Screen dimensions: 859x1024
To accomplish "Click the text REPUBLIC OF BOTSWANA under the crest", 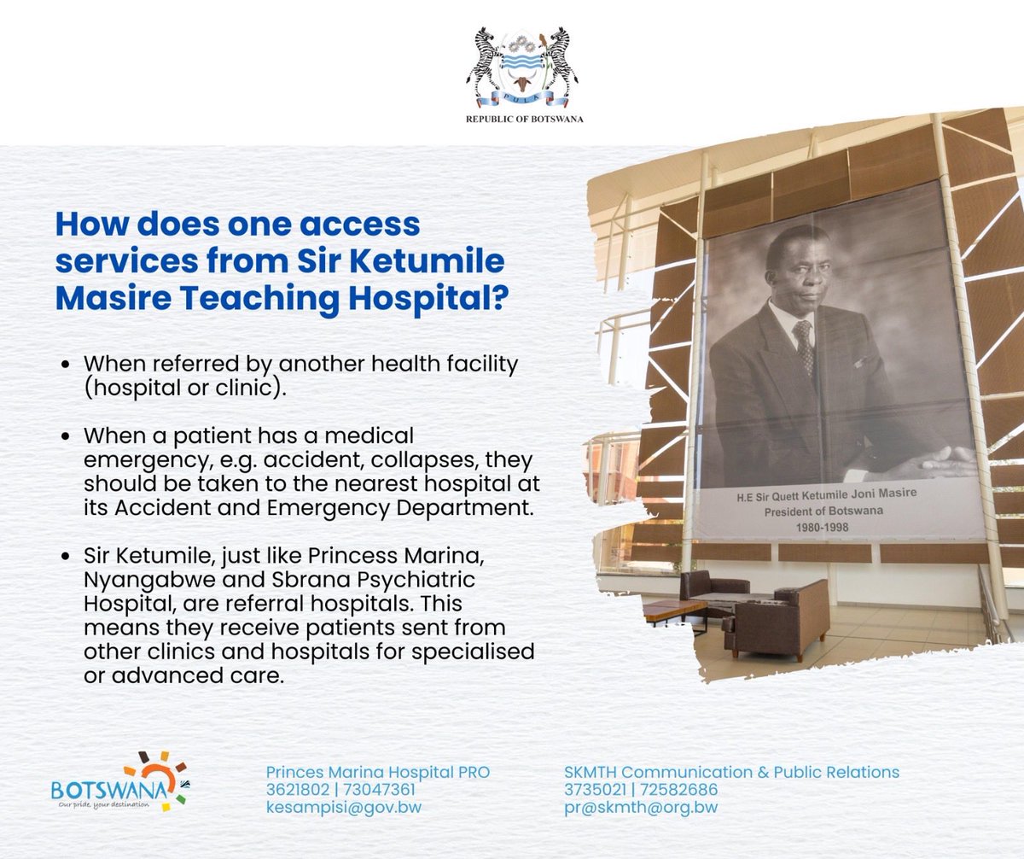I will point(525,119).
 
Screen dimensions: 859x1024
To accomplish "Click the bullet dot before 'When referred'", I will point(67,365).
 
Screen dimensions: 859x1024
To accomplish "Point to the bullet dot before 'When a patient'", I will point(67,436).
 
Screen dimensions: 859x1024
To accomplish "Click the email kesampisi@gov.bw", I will point(344,807).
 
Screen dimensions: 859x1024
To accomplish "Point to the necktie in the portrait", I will point(804,346).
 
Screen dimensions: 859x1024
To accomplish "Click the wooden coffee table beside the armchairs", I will point(673,610).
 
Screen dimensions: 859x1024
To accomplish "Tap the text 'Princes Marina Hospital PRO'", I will point(378,772).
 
